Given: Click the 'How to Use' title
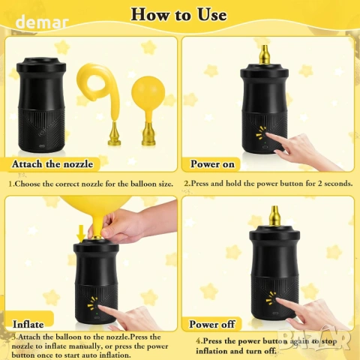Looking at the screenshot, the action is point(179,15).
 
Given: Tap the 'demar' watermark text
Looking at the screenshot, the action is point(42,22).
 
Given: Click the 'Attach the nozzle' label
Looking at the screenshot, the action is point(52,164).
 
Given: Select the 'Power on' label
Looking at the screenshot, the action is point(212,164).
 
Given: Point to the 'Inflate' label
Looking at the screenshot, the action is point(28,324).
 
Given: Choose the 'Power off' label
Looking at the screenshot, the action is point(212,324).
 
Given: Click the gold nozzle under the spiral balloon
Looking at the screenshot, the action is point(114,134).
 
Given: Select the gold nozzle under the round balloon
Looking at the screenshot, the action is point(148,134).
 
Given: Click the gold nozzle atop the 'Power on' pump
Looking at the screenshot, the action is point(264,55).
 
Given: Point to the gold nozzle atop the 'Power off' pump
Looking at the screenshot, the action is point(274,215).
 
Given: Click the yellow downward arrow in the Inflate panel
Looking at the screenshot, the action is point(81,233).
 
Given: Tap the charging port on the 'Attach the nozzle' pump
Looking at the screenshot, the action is point(41,146).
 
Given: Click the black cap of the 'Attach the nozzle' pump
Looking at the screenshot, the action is point(41,65).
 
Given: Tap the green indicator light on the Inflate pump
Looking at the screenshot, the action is point(97,313).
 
